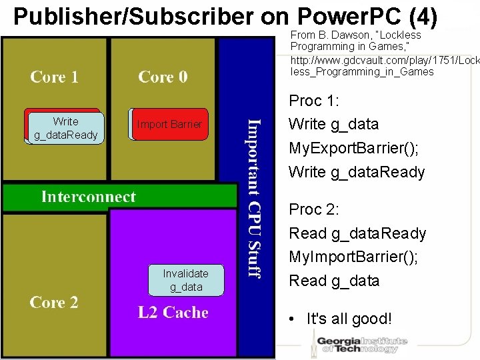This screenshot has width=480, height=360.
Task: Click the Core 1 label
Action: coord(55,77)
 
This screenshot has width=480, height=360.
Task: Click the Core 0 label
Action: coord(163,77)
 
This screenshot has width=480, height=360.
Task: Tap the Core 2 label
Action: coord(54,303)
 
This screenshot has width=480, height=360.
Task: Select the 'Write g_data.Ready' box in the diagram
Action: coord(65,129)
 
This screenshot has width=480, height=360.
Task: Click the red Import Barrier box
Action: coord(169,124)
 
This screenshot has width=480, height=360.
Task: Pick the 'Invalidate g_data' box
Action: coord(185,280)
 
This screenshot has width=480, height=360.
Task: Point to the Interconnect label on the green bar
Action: coord(88,197)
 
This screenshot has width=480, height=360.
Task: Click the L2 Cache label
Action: coord(173,313)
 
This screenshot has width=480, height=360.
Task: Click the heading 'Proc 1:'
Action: coord(314,101)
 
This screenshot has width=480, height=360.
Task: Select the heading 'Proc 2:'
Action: coord(314,209)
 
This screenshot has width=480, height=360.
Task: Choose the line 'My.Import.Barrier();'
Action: coord(353,257)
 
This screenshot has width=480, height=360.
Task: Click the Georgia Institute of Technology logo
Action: coord(361,341)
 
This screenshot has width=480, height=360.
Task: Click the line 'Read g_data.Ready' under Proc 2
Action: coord(357,233)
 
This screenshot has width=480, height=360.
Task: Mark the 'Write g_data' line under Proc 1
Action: coord(333,124)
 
